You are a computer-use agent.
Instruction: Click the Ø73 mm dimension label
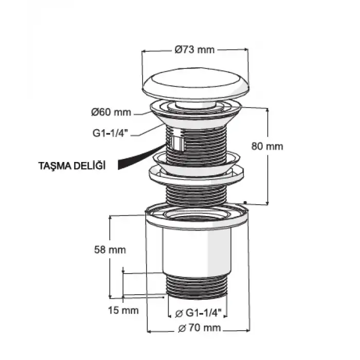click(194, 49)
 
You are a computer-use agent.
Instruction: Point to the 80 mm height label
click(267, 146)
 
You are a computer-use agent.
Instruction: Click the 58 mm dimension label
click(110, 250)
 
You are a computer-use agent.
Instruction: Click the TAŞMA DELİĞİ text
click(72, 166)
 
